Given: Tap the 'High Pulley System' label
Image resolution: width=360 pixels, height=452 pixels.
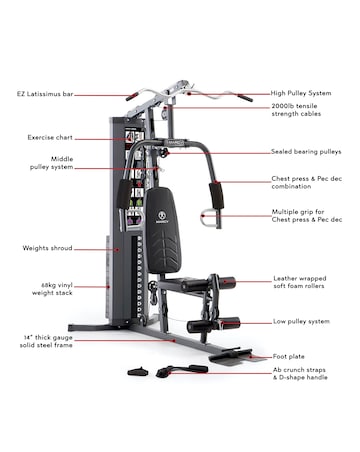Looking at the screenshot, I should click(299, 93).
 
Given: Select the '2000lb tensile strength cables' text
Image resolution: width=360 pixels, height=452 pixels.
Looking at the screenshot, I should click(299, 112).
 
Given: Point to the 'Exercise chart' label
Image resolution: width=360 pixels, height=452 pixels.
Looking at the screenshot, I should click(47, 136).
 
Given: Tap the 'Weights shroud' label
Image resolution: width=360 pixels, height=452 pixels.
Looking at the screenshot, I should click(45, 248).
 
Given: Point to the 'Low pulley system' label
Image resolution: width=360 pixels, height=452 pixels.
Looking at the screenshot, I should click(301, 321).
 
